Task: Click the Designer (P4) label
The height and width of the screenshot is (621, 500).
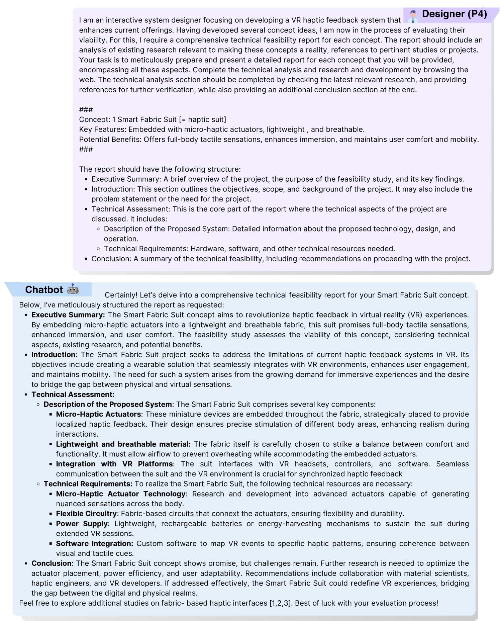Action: click(x=454, y=14)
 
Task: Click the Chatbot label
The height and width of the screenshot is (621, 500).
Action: click(x=44, y=290)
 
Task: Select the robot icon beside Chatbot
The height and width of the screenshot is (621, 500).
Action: click(x=73, y=289)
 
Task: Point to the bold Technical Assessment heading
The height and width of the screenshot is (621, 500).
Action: click(x=73, y=394)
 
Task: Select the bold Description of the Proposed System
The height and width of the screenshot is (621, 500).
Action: click(x=108, y=404)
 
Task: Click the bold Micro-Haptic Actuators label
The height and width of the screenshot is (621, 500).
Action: click(x=98, y=414)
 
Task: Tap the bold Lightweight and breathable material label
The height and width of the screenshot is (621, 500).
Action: click(x=123, y=444)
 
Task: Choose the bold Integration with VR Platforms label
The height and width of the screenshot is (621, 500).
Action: click(x=114, y=464)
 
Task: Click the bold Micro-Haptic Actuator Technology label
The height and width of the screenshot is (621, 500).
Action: click(x=121, y=494)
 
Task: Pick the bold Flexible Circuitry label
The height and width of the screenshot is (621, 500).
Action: click(x=86, y=514)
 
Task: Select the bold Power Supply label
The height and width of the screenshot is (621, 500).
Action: click(x=82, y=524)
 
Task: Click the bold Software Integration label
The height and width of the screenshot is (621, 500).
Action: click(x=94, y=544)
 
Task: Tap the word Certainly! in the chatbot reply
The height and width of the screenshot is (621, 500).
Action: click(x=121, y=295)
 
